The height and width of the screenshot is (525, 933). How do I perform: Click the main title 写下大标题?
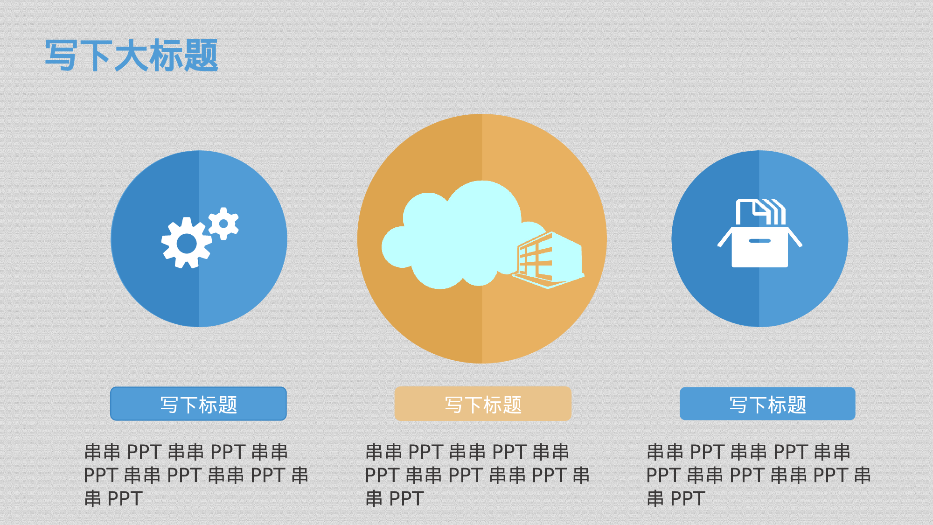[x=131, y=56]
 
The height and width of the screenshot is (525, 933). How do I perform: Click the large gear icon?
[x=187, y=243]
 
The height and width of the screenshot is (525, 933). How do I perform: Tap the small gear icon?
[x=223, y=224]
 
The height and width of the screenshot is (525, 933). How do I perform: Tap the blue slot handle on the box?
[x=759, y=241]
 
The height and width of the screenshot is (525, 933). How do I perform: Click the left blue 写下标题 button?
[x=198, y=404]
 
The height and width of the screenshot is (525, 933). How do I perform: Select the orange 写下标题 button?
[x=483, y=404]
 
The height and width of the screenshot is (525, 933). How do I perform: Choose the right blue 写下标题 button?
[x=767, y=404]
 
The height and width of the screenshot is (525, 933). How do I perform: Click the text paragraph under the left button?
[x=196, y=475]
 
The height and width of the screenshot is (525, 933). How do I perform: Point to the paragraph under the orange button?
[x=477, y=475]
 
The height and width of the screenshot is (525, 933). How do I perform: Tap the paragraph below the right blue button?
[x=758, y=475]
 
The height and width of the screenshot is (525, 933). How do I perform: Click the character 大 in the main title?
[x=131, y=56]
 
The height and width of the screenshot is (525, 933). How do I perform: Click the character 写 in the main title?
[x=61, y=56]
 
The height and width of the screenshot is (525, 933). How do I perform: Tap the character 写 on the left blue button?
[x=169, y=405]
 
